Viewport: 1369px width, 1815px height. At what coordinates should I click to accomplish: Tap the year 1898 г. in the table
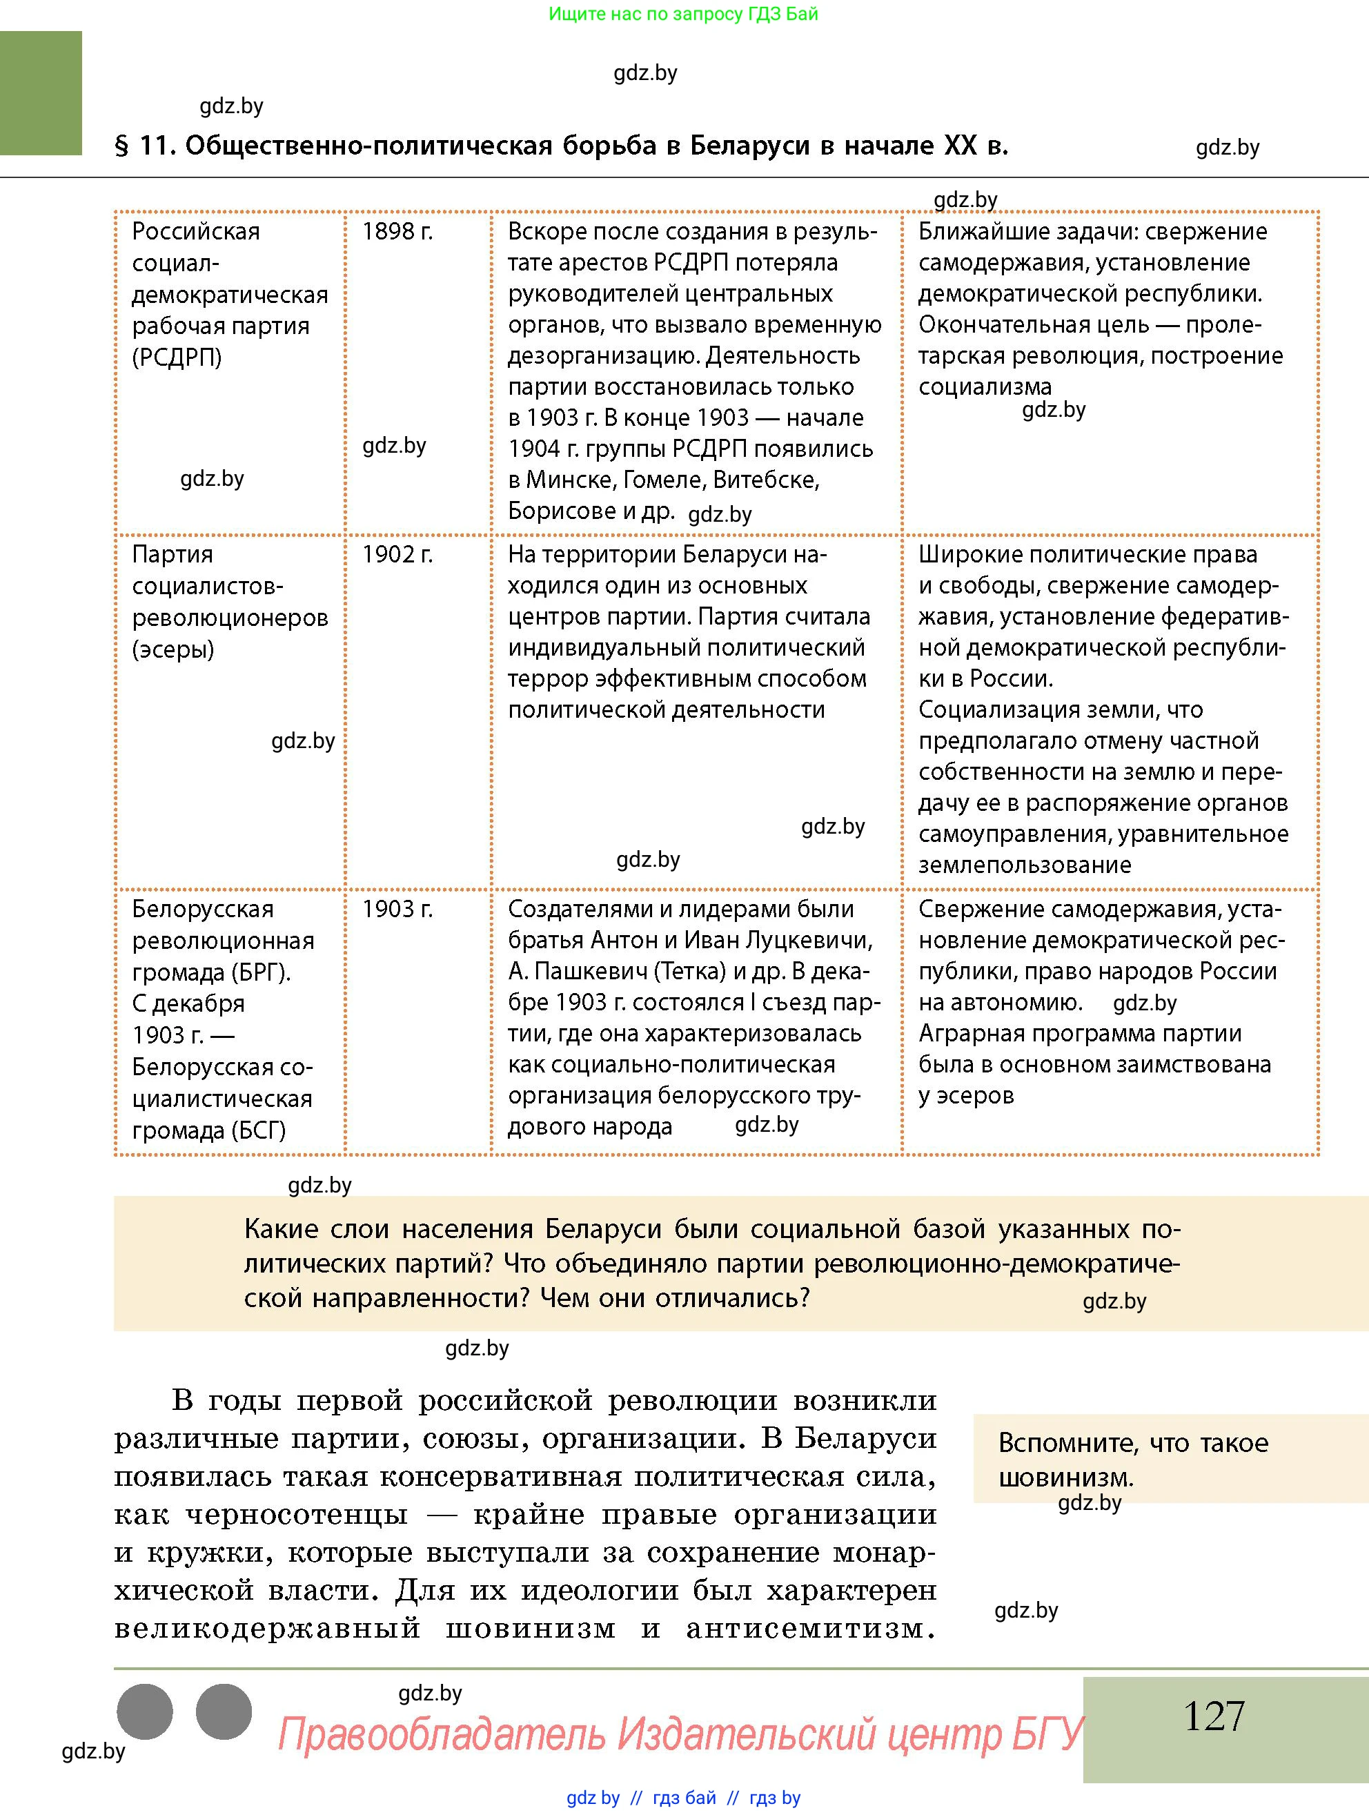coord(397,231)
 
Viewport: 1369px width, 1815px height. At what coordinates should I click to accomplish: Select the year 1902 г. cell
coord(397,555)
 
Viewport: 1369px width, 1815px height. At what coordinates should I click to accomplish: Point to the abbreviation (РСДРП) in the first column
coord(177,357)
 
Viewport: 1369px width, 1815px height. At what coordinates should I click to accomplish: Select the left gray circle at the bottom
coord(145,1711)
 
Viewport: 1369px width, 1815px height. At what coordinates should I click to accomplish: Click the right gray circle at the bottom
coord(223,1711)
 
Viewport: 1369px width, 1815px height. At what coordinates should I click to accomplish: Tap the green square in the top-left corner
coord(41,92)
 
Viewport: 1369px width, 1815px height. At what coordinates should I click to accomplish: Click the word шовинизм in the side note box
coord(1065,1479)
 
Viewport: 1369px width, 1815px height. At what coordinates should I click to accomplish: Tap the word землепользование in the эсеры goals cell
coord(1025,865)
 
